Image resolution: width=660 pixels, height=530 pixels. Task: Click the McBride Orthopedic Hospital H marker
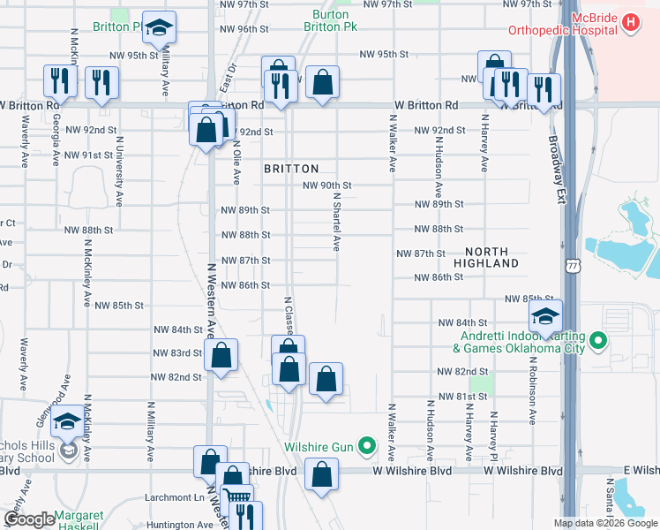click(632, 22)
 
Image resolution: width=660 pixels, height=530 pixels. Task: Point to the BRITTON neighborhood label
click(290, 168)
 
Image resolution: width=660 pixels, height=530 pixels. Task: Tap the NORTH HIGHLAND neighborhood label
click(486, 257)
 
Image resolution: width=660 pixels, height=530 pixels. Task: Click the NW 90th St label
click(327, 185)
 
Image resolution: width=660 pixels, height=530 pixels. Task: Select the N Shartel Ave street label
click(336, 223)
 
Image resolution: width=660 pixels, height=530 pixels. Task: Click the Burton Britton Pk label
click(331, 21)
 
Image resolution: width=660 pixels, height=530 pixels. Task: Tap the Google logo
click(29, 519)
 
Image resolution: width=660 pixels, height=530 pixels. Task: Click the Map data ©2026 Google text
click(604, 523)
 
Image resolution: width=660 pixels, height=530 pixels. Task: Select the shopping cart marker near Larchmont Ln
click(236, 496)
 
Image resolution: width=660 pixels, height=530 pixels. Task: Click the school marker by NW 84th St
click(546, 317)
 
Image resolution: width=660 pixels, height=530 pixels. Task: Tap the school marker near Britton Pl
click(159, 28)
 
